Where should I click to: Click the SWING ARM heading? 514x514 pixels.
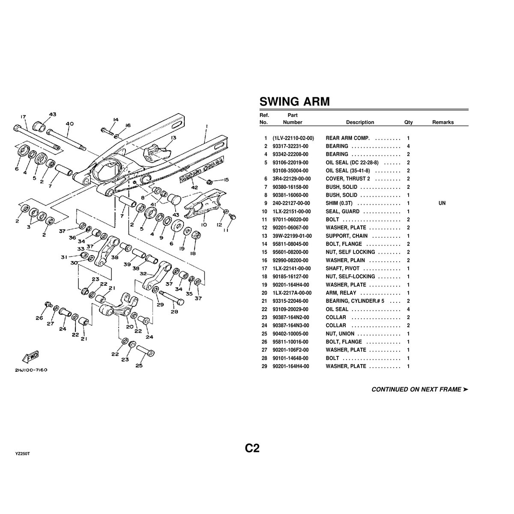(295, 102)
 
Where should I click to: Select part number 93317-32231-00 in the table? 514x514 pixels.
(290, 146)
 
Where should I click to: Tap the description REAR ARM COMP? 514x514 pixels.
(348, 138)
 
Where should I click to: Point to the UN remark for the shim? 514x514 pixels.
(442, 203)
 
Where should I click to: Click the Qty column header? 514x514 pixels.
(408, 122)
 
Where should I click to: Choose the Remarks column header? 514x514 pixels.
(442, 122)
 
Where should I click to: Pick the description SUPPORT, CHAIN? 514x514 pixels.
(347, 236)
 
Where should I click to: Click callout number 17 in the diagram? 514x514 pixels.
(23, 117)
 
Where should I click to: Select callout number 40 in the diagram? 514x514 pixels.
(70, 124)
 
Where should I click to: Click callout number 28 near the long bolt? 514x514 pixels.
(175, 312)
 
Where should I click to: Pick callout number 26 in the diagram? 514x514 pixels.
(39, 317)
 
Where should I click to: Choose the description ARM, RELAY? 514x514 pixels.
(341, 293)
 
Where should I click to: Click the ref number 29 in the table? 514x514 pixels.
(266, 366)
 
